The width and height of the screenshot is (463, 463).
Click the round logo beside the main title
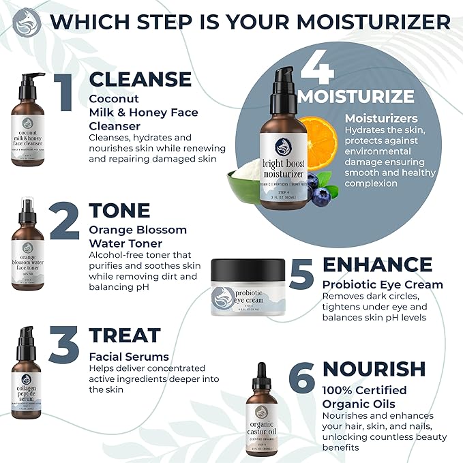click(27, 22)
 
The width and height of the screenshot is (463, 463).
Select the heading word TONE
click(120, 210)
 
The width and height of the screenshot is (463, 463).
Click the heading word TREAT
click(125, 335)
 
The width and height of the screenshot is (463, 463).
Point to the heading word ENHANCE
click(377, 265)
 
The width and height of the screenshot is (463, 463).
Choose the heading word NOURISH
click(374, 368)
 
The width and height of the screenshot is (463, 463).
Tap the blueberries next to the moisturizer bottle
click(319, 188)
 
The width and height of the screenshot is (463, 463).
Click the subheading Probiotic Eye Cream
click(382, 284)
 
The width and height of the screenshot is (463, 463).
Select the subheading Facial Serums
click(129, 357)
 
